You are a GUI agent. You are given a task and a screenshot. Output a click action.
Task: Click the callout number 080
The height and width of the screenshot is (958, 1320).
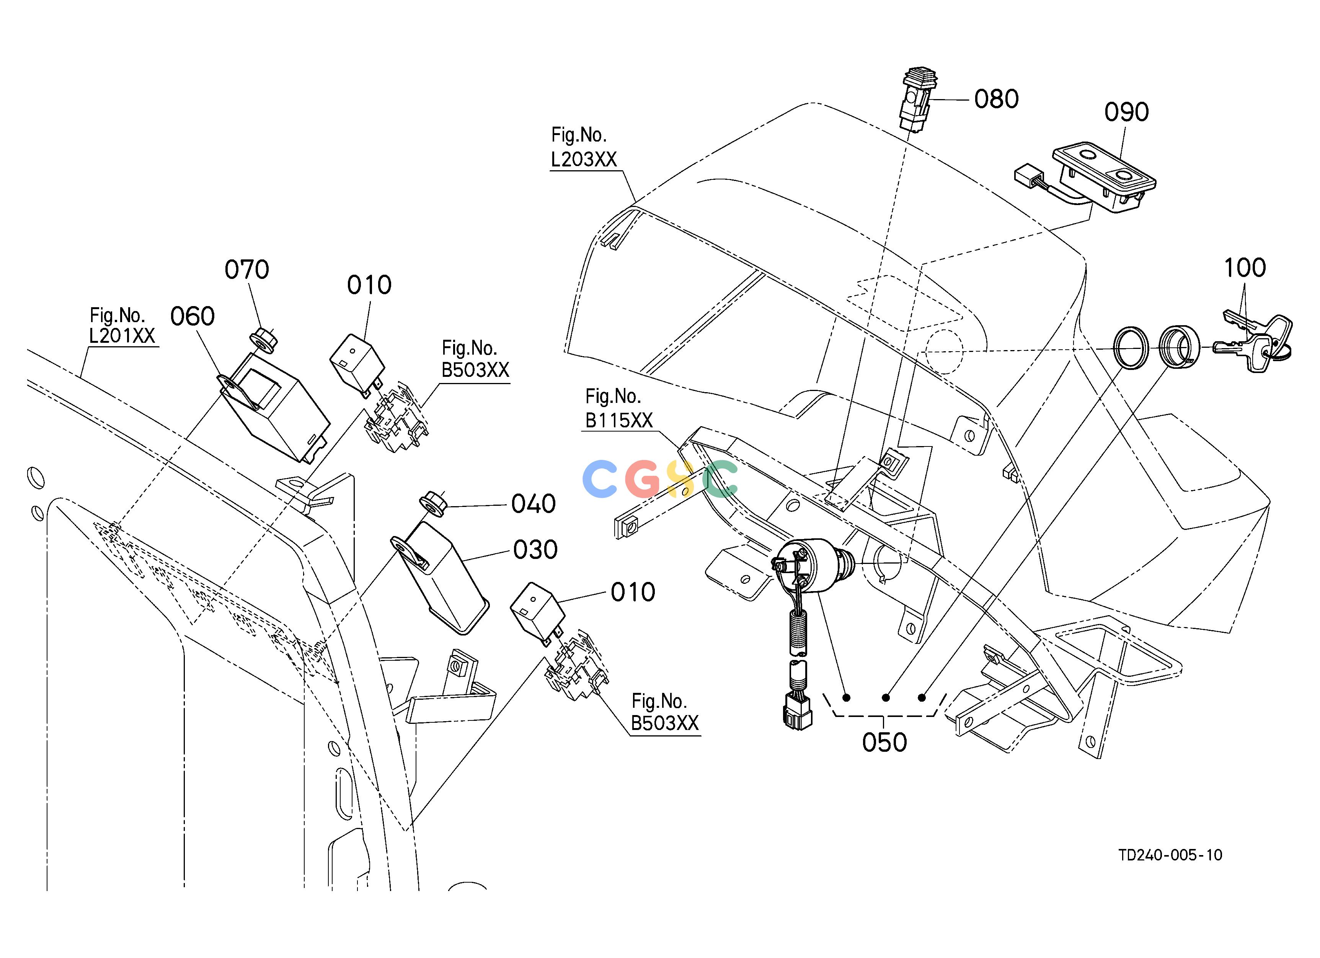(996, 99)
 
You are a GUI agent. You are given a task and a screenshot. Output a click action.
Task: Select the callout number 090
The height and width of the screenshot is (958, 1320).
(1127, 112)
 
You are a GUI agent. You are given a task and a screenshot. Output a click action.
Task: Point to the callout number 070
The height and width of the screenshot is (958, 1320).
(247, 270)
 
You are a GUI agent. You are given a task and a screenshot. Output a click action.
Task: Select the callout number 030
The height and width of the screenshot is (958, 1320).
(535, 550)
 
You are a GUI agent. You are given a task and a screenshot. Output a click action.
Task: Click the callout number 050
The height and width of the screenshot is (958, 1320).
(884, 743)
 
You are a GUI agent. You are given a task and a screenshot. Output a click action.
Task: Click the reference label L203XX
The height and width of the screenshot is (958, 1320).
(584, 160)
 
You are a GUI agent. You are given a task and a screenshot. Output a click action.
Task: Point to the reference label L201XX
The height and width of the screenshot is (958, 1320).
(122, 336)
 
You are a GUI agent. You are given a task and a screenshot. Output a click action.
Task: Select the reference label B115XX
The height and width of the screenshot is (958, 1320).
(619, 420)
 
